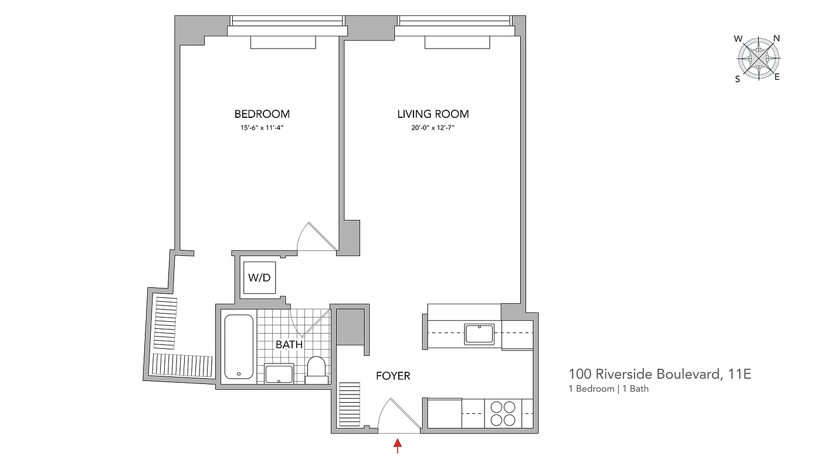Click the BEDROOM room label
click(262, 114)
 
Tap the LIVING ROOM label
click(433, 114)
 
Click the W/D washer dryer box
click(259, 277)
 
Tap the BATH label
click(289, 344)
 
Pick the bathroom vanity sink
click(279, 373)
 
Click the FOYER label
click(393, 375)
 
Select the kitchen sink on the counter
click(479, 334)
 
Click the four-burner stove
click(503, 413)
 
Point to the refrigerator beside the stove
click(444, 413)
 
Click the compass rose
click(758, 59)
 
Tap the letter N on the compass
click(777, 39)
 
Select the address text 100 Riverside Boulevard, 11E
click(660, 374)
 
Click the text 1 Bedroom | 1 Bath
click(608, 389)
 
